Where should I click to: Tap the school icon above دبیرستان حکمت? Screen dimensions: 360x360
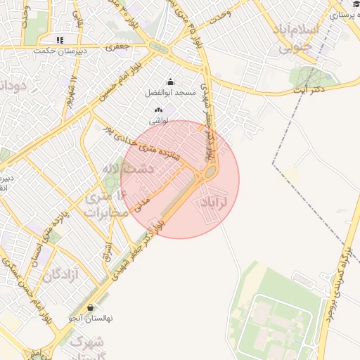(60, 40)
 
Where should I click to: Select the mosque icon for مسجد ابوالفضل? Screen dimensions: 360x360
(170, 82)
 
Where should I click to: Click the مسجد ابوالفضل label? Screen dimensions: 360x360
(171, 94)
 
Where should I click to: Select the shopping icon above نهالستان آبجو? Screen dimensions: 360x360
(91, 307)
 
